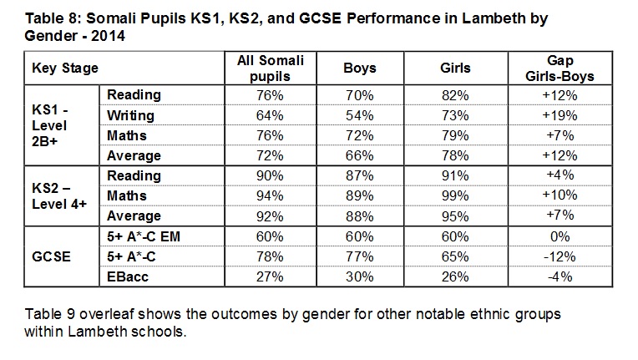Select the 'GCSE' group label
coord(51,256)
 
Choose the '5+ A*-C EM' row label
coord(146,236)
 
